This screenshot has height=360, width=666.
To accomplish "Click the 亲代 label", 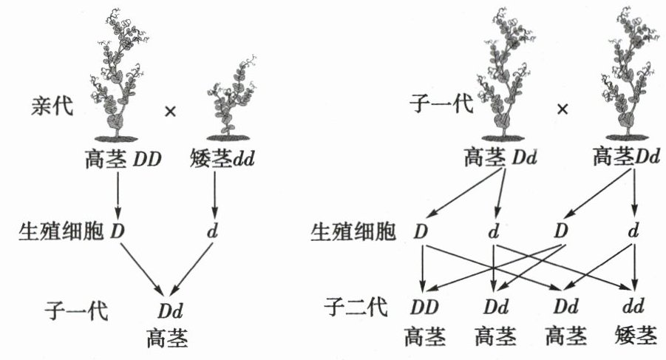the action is tap(49, 106).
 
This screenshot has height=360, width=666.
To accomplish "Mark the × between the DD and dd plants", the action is tap(170, 112).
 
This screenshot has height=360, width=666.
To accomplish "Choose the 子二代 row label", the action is tap(356, 306).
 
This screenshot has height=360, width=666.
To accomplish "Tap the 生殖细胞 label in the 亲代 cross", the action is tap(62, 231).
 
